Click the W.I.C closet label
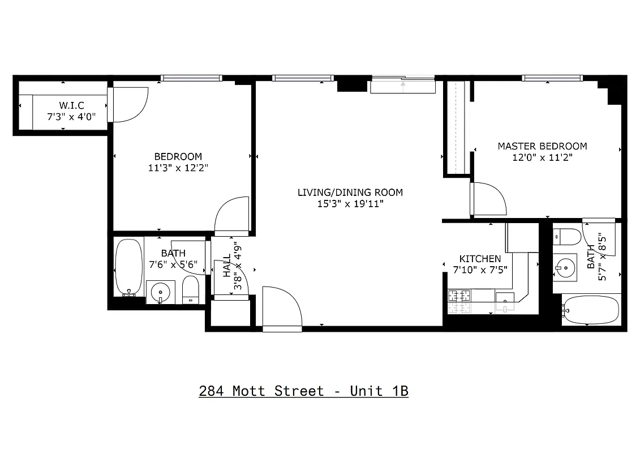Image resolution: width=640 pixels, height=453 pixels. (x=71, y=105)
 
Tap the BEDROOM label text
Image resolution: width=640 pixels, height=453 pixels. (x=178, y=156)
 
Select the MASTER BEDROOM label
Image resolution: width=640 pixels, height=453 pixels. (x=542, y=146)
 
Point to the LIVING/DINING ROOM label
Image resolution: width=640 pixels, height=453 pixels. (x=350, y=193)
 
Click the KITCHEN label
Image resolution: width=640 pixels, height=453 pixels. (x=480, y=259)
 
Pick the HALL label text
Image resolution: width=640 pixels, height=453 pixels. (x=227, y=265)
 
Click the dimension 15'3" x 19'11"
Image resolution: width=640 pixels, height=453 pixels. (x=350, y=204)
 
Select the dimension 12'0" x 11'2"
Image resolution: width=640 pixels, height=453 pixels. (x=542, y=158)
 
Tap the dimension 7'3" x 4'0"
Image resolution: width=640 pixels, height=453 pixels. (x=71, y=117)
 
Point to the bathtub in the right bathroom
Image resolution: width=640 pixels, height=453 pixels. (x=591, y=309)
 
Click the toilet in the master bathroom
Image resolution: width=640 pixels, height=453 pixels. (x=566, y=236)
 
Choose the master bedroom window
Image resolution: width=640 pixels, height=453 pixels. (x=552, y=78)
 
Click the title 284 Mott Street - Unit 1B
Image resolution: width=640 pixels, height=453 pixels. (x=303, y=391)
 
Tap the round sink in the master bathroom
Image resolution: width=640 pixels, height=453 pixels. (x=564, y=266)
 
